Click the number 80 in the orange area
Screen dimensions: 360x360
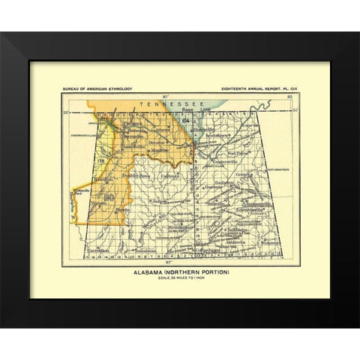(109, 196)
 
